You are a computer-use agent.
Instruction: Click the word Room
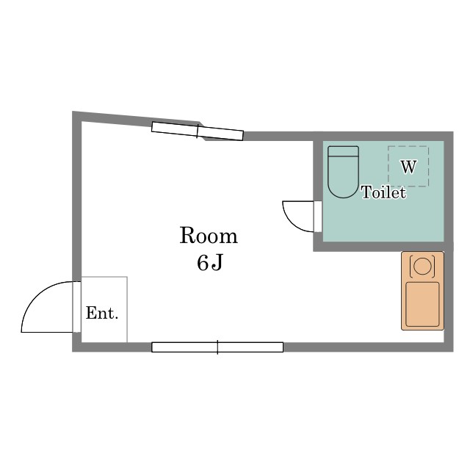pyautogui.click(x=209, y=236)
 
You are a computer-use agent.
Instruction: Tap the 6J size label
pyautogui.click(x=210, y=263)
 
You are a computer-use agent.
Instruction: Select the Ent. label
pyautogui.click(x=102, y=314)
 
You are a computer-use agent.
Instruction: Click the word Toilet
pyautogui.click(x=384, y=192)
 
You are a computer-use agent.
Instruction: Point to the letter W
pyautogui.click(x=408, y=167)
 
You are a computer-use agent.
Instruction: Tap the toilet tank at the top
pyautogui.click(x=343, y=151)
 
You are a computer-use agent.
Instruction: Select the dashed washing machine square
pyautogui.click(x=408, y=166)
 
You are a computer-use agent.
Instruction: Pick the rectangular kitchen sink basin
pyautogui.click(x=422, y=304)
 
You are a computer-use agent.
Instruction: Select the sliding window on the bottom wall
pyautogui.click(x=217, y=347)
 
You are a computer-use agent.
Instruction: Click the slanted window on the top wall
pyautogui.click(x=198, y=131)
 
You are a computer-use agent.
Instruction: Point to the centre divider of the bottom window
pyautogui.click(x=217, y=347)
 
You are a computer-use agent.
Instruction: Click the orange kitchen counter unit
pyautogui.click(x=422, y=291)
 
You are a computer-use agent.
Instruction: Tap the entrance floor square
pyautogui.click(x=104, y=309)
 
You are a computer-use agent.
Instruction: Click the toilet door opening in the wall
pyautogui.click(x=318, y=217)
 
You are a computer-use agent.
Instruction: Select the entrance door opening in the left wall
pyautogui.click(x=76, y=307)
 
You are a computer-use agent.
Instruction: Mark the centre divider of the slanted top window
pyautogui.click(x=198, y=131)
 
